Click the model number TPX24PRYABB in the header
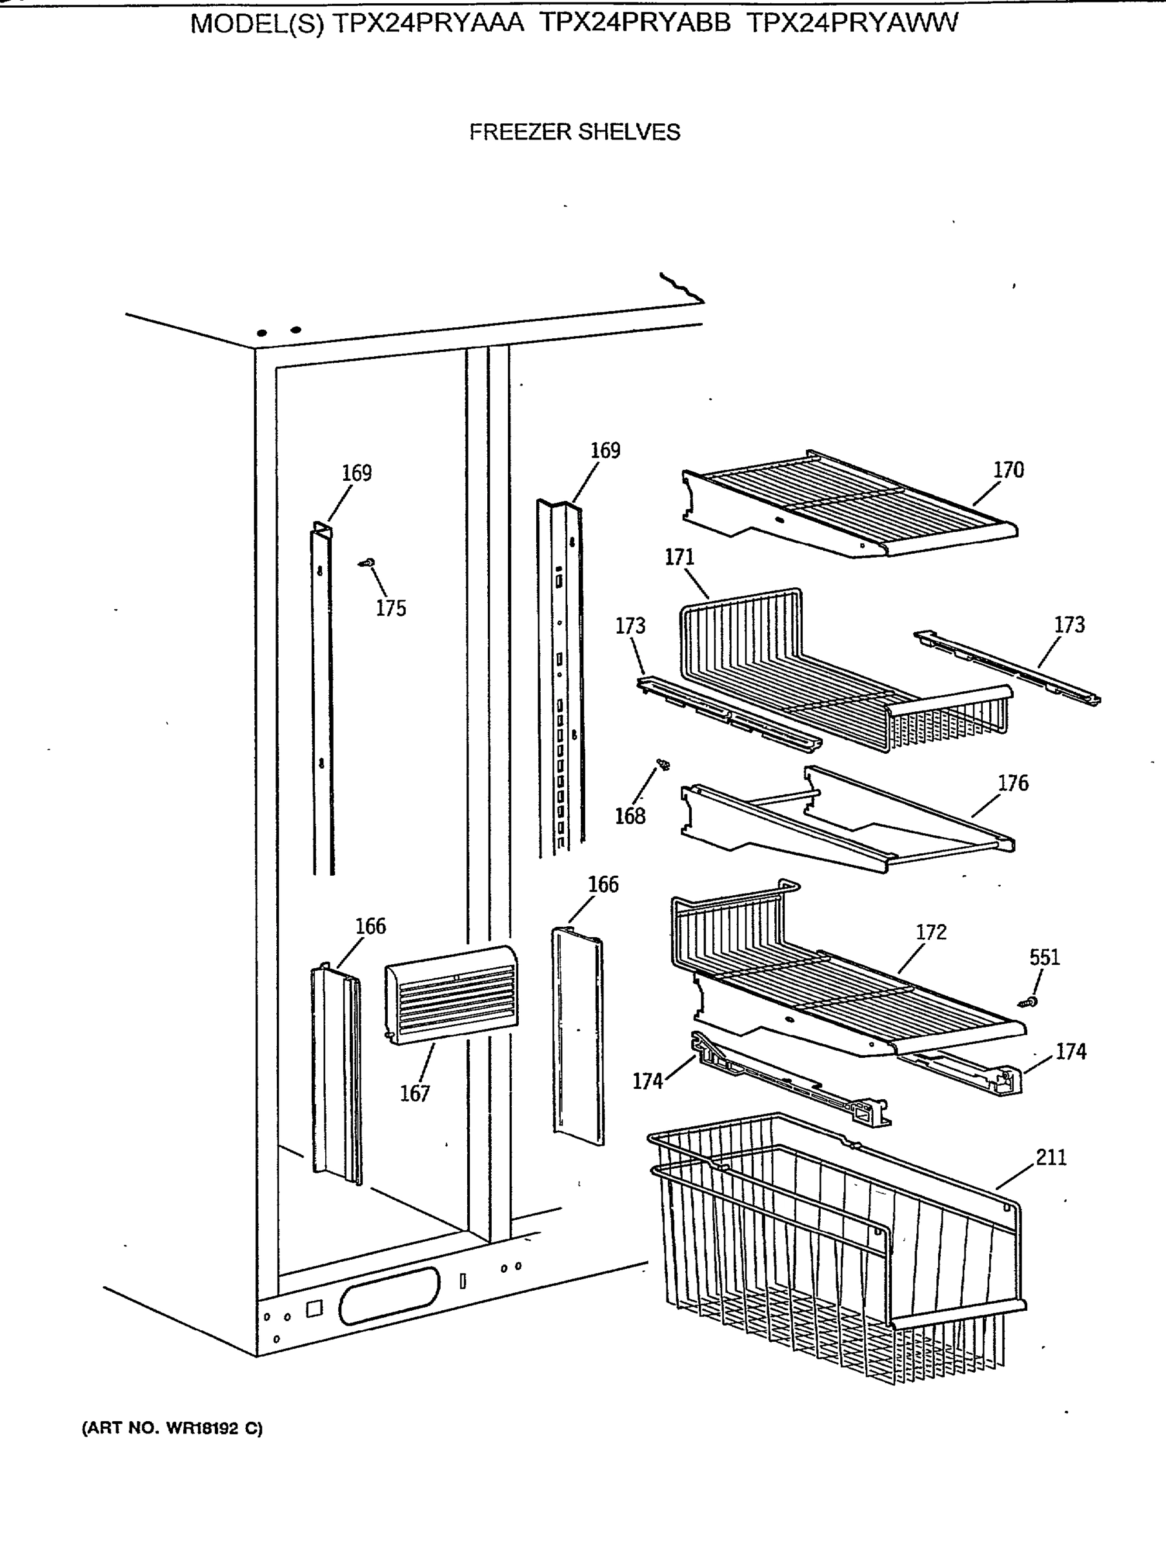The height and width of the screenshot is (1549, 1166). [635, 24]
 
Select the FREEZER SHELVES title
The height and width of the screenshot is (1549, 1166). [574, 132]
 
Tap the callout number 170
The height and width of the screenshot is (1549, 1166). [1009, 470]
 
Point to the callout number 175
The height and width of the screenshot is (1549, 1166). [391, 609]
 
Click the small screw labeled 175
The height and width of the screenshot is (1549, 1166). [367, 562]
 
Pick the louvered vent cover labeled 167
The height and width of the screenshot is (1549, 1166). [452, 995]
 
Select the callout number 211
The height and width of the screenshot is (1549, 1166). [1051, 1157]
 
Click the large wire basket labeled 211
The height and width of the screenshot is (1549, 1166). [833, 1253]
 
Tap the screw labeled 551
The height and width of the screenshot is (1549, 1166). [1028, 1003]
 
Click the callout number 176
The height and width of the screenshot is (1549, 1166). [1012, 783]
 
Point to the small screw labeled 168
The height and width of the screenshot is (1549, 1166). [663, 765]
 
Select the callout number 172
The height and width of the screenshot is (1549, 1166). [930, 932]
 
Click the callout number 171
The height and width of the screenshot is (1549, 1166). [679, 558]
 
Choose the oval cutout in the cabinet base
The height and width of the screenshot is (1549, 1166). [389, 1295]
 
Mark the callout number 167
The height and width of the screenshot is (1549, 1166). [414, 1093]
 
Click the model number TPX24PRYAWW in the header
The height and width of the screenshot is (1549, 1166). [852, 24]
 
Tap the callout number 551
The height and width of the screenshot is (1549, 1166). [1045, 957]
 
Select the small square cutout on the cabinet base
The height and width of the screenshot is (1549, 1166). [314, 1309]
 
